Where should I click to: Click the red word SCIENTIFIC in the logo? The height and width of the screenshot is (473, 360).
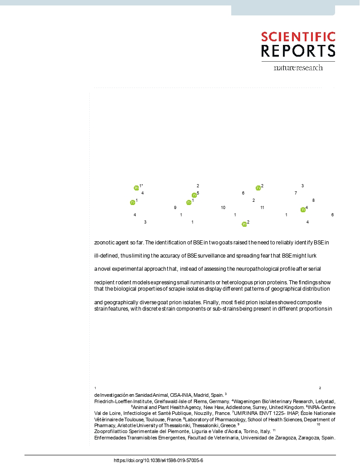(x=298, y=37)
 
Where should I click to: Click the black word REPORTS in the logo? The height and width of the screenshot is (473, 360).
(x=298, y=51)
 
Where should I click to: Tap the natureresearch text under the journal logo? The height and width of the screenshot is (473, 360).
(x=298, y=68)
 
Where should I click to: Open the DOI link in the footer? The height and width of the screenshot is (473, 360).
(x=158, y=460)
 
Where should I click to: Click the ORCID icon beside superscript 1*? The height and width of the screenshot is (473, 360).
(x=136, y=188)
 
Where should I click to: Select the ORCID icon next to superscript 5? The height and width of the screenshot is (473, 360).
(x=194, y=195)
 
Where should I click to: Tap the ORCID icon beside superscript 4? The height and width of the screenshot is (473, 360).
(x=303, y=210)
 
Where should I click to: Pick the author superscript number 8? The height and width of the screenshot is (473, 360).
(x=313, y=200)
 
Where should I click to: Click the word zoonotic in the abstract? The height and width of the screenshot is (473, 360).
(x=103, y=242)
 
